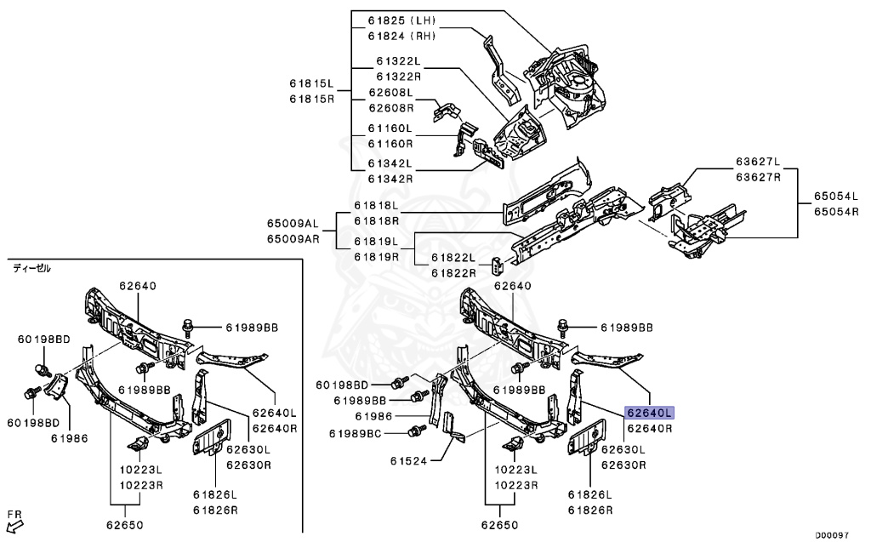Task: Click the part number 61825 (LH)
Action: tap(401, 20)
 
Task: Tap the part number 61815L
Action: tap(311, 83)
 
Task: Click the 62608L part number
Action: tap(390, 92)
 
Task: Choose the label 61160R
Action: tap(390, 144)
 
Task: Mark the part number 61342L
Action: tap(390, 163)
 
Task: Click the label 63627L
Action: tap(758, 162)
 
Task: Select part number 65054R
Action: tap(837, 212)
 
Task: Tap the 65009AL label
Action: tap(292, 223)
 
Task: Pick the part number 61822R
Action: tap(451, 272)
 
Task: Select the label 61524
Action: tap(413, 463)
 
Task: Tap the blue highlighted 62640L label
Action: tap(649, 413)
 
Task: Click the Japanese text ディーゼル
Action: tap(31, 268)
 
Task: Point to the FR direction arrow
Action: tap(14, 523)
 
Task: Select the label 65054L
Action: tap(837, 197)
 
